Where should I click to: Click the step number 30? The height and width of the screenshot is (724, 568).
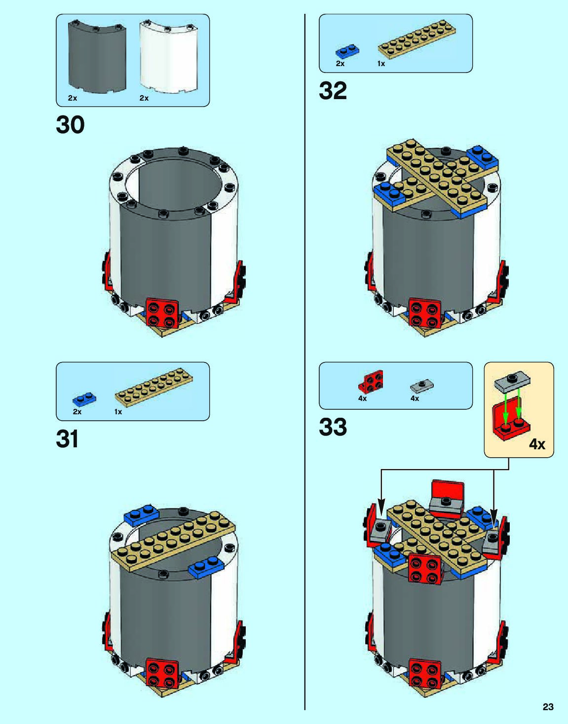(70, 125)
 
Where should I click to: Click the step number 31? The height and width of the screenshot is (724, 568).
(67, 438)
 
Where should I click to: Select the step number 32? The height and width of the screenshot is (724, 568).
(333, 91)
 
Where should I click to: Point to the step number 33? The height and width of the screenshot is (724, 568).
(333, 427)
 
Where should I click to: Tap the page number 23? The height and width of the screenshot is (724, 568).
(548, 707)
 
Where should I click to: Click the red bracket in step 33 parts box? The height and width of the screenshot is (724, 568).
(371, 382)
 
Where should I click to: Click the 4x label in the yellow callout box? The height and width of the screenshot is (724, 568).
(537, 444)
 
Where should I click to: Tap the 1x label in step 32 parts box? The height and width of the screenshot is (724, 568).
(381, 64)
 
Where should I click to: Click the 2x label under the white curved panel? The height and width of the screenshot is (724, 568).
(144, 98)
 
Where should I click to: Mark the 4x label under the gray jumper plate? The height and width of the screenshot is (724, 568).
(415, 398)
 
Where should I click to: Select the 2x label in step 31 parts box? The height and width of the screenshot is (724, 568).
(77, 412)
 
